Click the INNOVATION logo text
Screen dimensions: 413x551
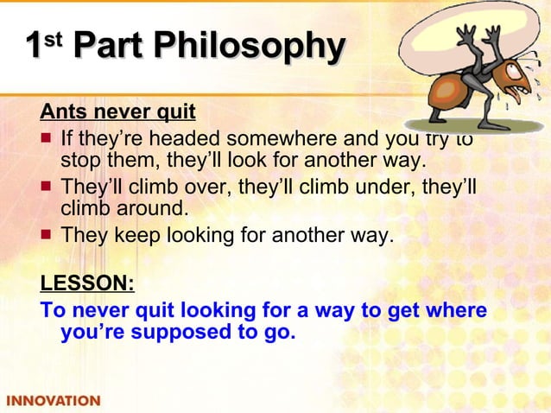pyautogui.click(x=54, y=401)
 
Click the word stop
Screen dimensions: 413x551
pyautogui.click(x=79, y=162)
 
